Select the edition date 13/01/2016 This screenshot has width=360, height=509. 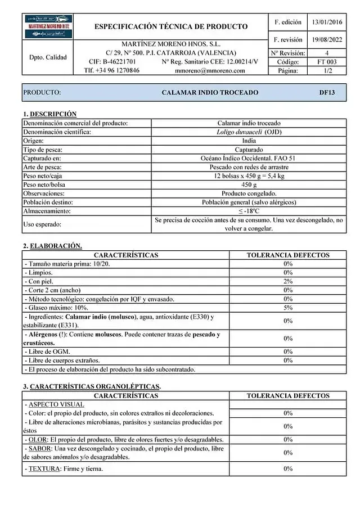click(327, 22)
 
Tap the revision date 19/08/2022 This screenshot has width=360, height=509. click(327, 40)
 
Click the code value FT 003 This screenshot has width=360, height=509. click(327, 62)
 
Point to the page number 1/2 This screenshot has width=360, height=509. click(327, 71)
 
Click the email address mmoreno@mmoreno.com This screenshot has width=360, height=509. click(210, 71)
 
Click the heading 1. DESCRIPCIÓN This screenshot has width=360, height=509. click(49, 114)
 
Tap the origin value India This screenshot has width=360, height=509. click(249, 141)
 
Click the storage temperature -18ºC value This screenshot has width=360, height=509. click(249, 211)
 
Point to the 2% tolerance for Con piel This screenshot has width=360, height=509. click(288, 281)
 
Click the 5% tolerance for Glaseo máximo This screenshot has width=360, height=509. click(288, 308)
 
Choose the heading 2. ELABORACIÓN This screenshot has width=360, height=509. click(52, 246)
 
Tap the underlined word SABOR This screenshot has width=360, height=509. click(38, 448)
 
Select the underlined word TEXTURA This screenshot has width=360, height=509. click(42, 469)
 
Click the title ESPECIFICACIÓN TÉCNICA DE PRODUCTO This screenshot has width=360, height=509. click(171, 26)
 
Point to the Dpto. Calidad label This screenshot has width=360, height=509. click(48, 57)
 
